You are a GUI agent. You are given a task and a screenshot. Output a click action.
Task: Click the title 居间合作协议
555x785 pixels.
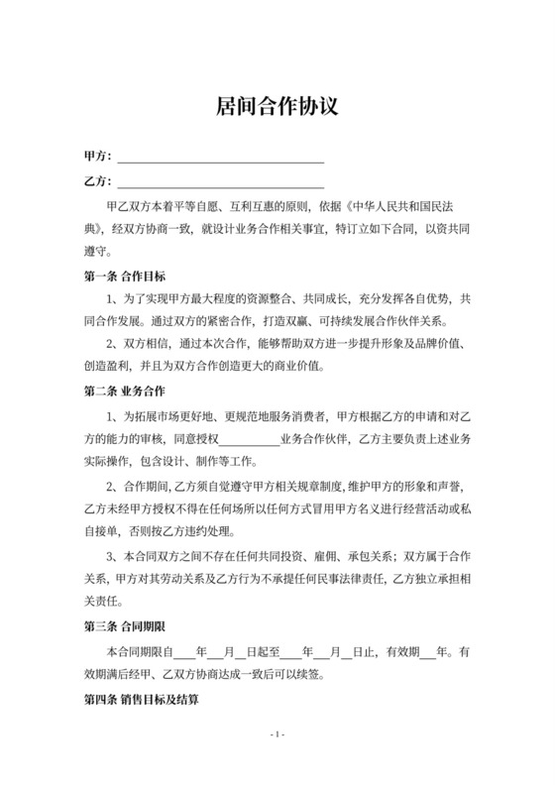[277, 106]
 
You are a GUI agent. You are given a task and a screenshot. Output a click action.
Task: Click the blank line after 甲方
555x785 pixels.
[221, 159]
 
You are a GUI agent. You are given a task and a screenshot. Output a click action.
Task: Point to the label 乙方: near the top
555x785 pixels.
[99, 183]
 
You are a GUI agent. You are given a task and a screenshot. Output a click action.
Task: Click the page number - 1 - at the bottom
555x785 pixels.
[277, 734]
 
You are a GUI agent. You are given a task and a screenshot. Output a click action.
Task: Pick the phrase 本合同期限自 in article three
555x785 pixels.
[139, 654]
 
